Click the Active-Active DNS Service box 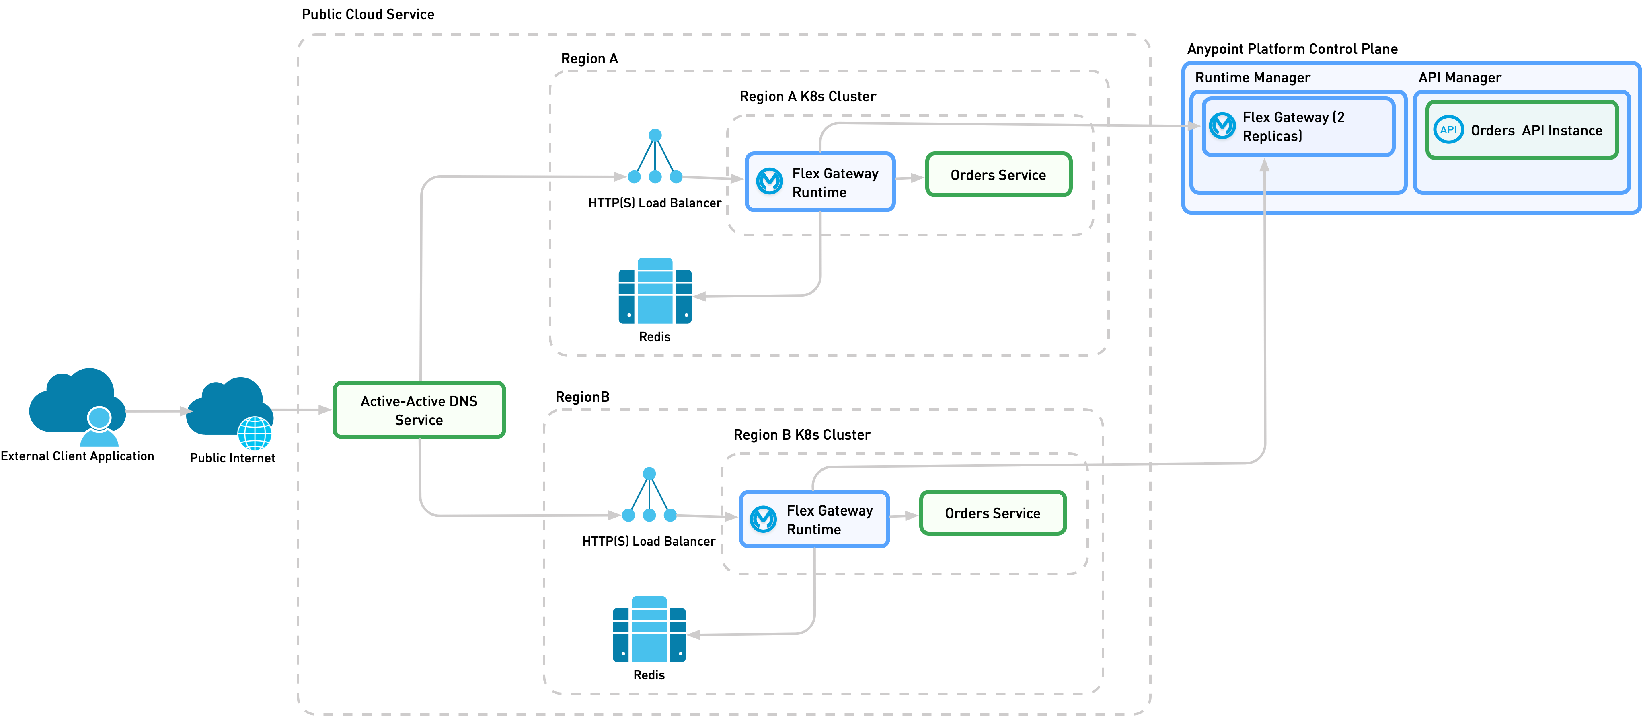tap(419, 410)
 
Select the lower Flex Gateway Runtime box tap(815, 519)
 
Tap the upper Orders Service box tap(998, 175)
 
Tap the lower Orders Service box tap(992, 513)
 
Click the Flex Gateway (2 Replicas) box tap(1298, 126)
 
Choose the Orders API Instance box tap(1522, 130)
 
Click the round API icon tap(1448, 130)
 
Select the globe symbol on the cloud tap(255, 434)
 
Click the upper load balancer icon tap(655, 158)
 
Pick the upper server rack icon tap(655, 291)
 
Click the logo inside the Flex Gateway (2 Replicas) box tap(1222, 126)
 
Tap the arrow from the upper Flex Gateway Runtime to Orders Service tap(910, 178)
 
